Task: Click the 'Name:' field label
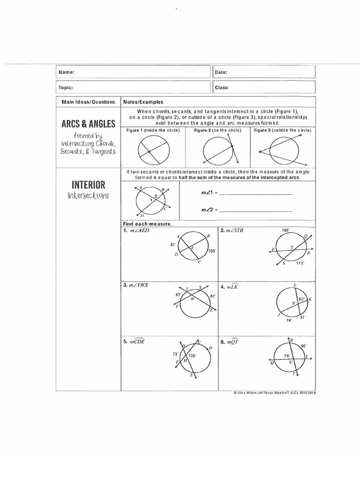tap(66, 72)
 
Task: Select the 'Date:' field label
tap(221, 73)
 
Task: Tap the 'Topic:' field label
tap(66, 87)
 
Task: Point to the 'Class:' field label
tap(222, 87)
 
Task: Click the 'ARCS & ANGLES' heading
tap(88, 124)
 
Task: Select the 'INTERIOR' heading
tap(88, 185)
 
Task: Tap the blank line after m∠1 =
tap(255, 194)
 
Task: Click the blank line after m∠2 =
tap(255, 210)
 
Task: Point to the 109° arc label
tap(212, 251)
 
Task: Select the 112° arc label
tap(300, 263)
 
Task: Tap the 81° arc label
tap(213, 296)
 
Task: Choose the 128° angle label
tap(192, 356)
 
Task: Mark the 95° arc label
tap(304, 346)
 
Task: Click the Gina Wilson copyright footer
tap(274, 394)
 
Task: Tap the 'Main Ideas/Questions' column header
tap(88, 102)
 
